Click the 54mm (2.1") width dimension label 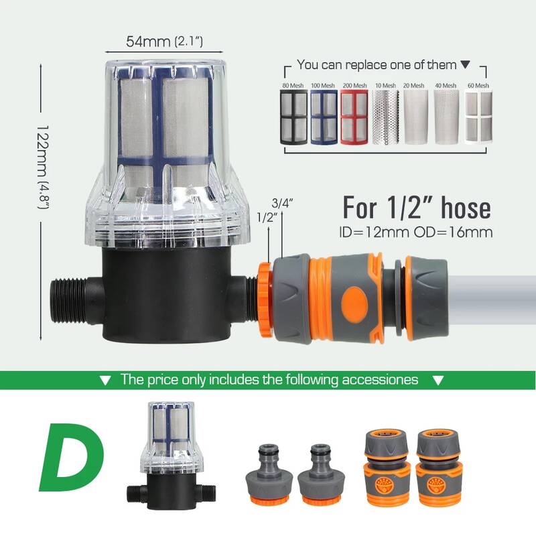[164, 42]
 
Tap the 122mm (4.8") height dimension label [44, 167]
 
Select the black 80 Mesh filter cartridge [293, 117]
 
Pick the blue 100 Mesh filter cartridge [324, 117]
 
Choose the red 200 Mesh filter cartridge [354, 117]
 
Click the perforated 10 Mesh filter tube [385, 117]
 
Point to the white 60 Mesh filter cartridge [478, 117]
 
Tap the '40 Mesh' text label [446, 86]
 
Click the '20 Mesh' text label [413, 86]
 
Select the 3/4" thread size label [282, 203]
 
